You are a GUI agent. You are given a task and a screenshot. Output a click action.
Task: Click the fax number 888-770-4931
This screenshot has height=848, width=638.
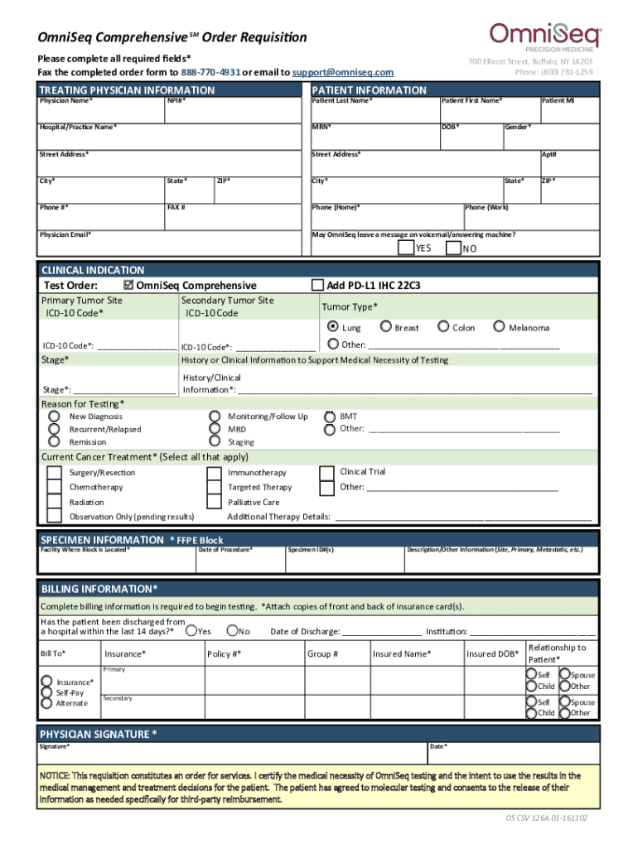(205, 73)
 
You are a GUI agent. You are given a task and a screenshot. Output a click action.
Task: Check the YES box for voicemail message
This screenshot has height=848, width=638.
(405, 248)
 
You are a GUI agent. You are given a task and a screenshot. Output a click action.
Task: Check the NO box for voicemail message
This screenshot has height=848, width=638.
(453, 248)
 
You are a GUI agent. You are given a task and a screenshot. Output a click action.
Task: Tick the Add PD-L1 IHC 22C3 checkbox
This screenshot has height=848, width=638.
(317, 286)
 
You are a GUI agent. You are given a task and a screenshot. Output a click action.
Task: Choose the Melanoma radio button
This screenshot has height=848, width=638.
(499, 327)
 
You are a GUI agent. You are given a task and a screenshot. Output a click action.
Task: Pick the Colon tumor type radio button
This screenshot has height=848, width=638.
(443, 327)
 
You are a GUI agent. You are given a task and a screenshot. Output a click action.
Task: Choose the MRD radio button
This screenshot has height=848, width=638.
(215, 429)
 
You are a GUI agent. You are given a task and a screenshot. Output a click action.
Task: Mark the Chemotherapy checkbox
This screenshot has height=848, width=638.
(55, 488)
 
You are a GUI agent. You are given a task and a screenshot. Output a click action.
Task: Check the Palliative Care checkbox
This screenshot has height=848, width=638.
(214, 503)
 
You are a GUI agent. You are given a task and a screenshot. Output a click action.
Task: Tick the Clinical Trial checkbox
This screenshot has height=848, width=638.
(326, 472)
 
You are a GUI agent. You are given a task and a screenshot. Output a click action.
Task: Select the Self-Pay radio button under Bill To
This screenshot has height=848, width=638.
(46, 692)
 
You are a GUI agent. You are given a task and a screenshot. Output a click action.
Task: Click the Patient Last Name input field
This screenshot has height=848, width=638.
(373, 112)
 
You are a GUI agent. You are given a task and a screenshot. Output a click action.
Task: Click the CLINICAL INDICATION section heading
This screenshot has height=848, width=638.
(93, 270)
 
